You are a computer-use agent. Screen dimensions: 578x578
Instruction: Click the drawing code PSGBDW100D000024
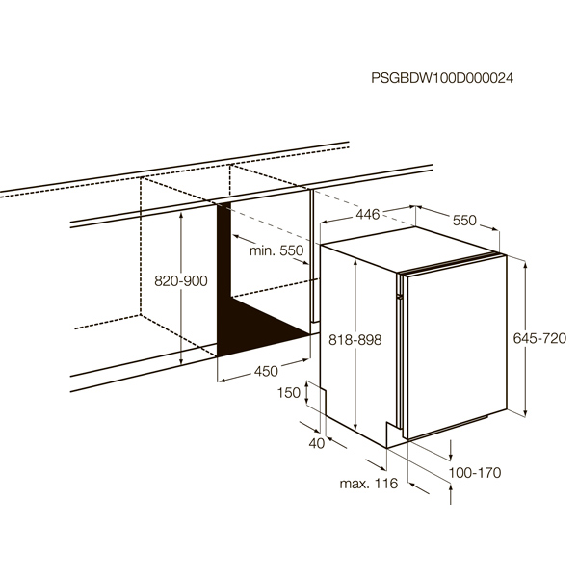pos(441,78)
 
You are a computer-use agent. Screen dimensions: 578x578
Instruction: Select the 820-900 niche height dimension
pos(181,281)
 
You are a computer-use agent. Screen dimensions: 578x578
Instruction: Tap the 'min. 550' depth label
pos(276,250)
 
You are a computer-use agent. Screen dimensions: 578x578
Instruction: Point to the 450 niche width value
pos(266,371)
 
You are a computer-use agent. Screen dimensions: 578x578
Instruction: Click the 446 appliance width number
pos(368,214)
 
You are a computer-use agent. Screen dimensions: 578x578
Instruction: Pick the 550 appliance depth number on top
pos(464,221)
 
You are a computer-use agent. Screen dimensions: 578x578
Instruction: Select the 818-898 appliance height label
pos(355,340)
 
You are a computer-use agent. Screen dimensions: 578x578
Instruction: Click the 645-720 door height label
pos(539,338)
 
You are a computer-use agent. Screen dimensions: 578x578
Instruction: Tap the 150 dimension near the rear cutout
pos(289,393)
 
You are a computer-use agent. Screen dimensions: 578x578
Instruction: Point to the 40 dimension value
pos(317,443)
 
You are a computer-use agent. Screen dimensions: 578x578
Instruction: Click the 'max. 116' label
pos(369,484)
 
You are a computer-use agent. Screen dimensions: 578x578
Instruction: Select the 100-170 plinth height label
pos(475,473)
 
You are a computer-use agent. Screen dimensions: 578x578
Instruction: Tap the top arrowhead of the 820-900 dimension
pos(181,216)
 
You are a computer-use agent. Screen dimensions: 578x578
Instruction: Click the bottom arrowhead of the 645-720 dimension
pos(525,413)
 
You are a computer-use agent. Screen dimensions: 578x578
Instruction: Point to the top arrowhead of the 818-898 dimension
pos(355,262)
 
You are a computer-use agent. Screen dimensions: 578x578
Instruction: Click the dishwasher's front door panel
pos(457,347)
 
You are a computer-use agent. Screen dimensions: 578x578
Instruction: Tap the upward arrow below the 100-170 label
pos(451,494)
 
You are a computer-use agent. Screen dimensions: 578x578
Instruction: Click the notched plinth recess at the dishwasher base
pos(394,434)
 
